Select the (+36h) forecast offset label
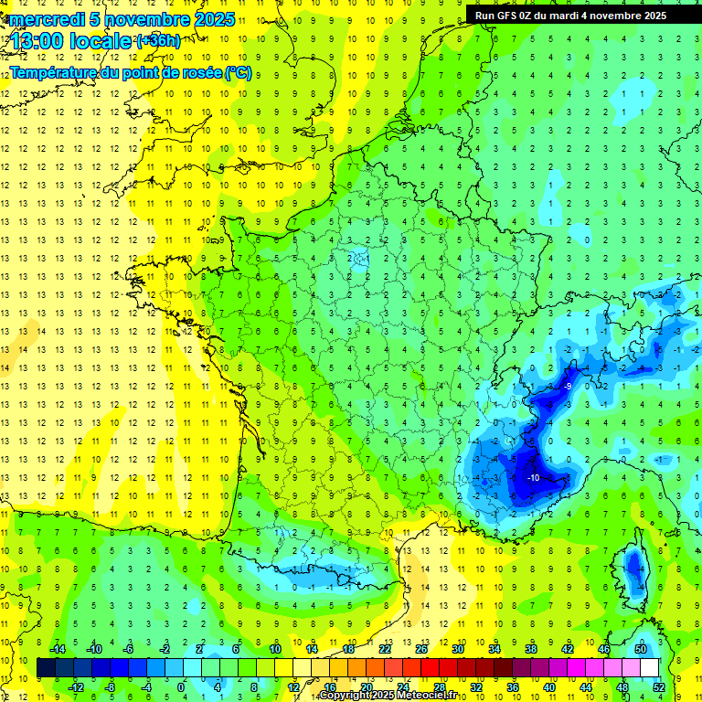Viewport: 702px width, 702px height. tap(158, 40)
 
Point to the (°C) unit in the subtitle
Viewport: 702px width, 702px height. tap(238, 73)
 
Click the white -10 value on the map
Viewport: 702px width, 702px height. tap(533, 477)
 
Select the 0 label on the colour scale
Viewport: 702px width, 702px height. tap(181, 687)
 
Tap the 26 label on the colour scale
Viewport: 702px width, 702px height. tap(421, 649)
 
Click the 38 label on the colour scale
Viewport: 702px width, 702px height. tap(531, 649)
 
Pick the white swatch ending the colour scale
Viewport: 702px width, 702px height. tap(650, 667)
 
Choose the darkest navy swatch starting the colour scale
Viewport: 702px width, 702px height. tap(46, 667)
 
